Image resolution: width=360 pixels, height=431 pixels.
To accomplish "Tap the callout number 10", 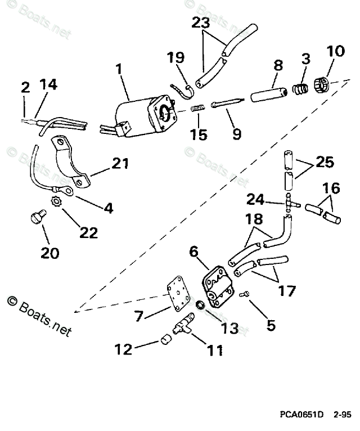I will click(335, 52).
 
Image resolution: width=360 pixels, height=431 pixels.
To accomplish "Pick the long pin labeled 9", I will click(227, 102).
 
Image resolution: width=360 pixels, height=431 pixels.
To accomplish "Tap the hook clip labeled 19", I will click(184, 86).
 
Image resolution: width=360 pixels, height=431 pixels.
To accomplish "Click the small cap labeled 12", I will click(165, 339).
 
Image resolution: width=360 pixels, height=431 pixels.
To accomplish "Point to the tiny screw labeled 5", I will click(244, 294).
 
